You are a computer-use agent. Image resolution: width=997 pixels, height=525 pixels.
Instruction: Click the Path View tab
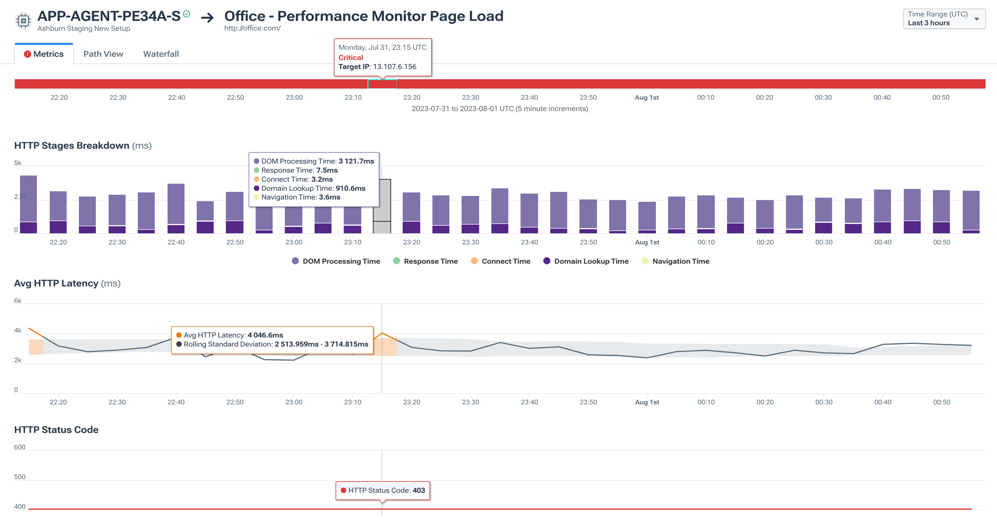pyautogui.click(x=103, y=54)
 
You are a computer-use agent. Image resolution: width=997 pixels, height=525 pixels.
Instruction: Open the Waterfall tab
pyautogui.click(x=161, y=54)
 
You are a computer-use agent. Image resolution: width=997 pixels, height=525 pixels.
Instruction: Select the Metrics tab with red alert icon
pyautogui.click(x=44, y=54)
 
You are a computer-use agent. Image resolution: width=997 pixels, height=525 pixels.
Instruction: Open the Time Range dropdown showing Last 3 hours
pyautogui.click(x=944, y=19)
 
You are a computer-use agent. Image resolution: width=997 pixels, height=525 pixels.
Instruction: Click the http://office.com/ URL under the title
pyautogui.click(x=252, y=28)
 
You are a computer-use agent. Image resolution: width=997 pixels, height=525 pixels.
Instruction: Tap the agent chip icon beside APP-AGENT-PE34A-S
pyautogui.click(x=23, y=21)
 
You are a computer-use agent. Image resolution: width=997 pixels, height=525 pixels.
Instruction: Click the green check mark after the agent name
pyautogui.click(x=187, y=14)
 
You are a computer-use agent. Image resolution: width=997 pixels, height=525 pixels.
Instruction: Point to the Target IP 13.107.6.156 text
pyautogui.click(x=377, y=67)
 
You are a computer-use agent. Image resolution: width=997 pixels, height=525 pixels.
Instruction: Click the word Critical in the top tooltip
pyautogui.click(x=351, y=57)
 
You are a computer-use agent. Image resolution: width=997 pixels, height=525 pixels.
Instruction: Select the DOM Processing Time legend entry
pyautogui.click(x=336, y=261)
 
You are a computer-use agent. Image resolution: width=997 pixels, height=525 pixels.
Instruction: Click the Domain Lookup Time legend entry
pyautogui.click(x=586, y=261)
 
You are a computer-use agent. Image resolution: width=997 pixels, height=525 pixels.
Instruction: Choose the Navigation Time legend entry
pyautogui.click(x=676, y=261)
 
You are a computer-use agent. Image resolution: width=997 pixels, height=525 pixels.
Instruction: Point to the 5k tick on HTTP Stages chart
pyautogui.click(x=18, y=163)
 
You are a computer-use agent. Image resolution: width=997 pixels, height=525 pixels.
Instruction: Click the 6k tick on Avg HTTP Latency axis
pyautogui.click(x=18, y=300)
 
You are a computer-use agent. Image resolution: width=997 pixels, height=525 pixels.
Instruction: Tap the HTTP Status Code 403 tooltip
pyautogui.click(x=382, y=490)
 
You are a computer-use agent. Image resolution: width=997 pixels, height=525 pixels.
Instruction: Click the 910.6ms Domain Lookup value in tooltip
pyautogui.click(x=350, y=188)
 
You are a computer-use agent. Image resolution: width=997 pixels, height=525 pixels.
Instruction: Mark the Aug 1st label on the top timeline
pyautogui.click(x=646, y=97)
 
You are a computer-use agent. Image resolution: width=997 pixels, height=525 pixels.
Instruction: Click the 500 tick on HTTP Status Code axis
pyautogui.click(x=20, y=477)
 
